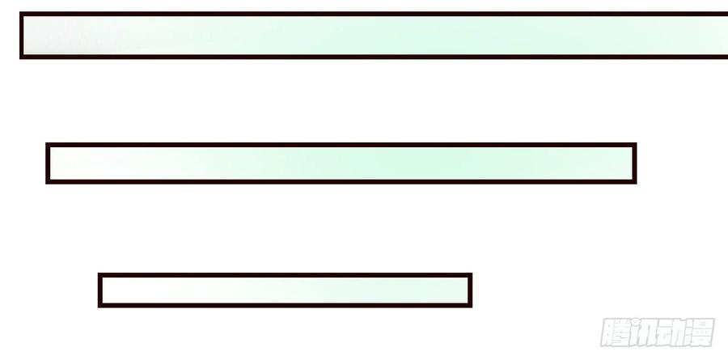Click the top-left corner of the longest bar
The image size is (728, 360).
[x=20, y=13]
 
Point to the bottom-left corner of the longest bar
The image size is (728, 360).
[x=20, y=58]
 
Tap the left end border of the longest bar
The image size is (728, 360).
[x=21, y=36]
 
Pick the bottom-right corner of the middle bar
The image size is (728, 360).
[x=636, y=183]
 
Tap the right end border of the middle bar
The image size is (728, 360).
[x=635, y=163]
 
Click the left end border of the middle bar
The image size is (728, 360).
[x=48, y=163]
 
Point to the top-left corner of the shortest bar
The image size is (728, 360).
[x=99, y=273]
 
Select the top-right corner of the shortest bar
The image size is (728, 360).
[x=472, y=273]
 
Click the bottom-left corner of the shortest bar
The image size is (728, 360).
[x=99, y=307]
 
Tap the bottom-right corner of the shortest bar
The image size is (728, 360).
[x=472, y=307]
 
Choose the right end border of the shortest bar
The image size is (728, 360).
[x=470, y=290]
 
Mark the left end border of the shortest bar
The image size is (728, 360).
[x=99, y=290]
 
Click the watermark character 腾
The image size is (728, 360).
[x=616, y=332]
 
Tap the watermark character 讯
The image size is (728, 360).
[x=644, y=332]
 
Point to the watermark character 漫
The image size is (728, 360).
[x=700, y=332]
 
